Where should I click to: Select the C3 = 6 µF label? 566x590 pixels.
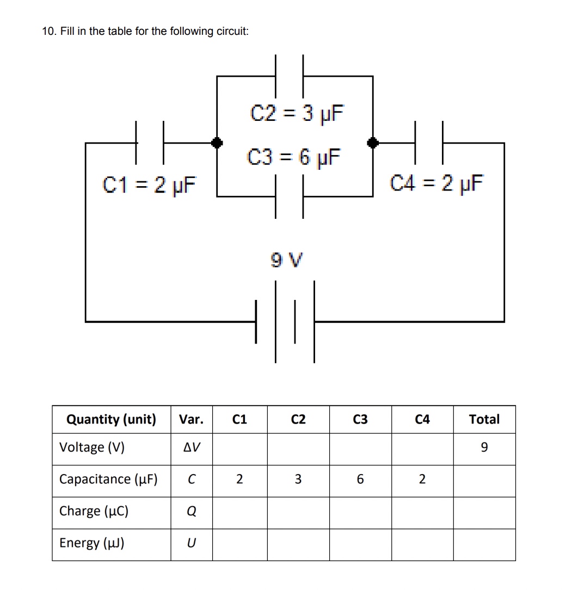point(294,157)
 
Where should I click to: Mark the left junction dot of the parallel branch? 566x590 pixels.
point(217,143)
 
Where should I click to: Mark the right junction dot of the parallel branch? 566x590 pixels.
point(373,143)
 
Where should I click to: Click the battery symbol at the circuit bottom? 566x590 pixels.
point(285,321)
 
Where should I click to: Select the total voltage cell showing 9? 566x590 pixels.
point(484,448)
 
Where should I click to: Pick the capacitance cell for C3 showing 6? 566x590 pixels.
point(360,480)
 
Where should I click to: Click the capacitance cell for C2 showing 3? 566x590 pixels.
point(298,480)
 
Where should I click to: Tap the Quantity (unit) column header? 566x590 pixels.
point(111,420)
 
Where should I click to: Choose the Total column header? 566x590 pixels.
point(484,420)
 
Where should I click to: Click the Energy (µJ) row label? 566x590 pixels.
point(92,543)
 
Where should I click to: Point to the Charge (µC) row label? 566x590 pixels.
point(94,512)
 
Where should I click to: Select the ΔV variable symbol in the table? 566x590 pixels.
point(192,448)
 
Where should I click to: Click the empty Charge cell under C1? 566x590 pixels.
point(239,512)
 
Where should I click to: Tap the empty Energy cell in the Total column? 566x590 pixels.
point(484,544)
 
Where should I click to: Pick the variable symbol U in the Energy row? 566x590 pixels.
point(192,544)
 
